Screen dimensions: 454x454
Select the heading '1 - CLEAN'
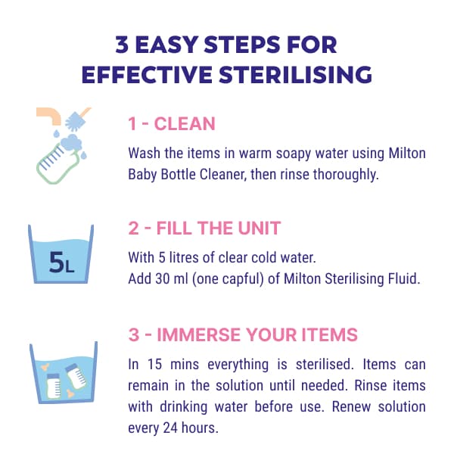pyautogui.click(x=171, y=124)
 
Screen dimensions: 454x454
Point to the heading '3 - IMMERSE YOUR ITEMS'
pyautogui.click(x=243, y=334)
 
